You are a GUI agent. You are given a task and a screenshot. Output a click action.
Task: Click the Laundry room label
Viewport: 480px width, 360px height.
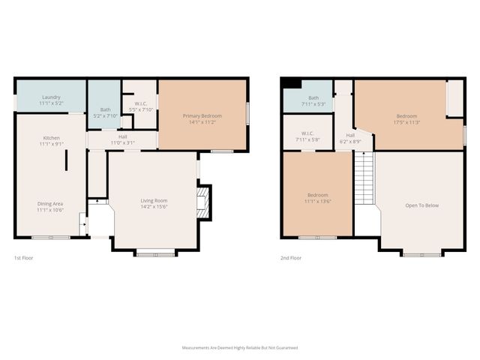(x=51, y=97)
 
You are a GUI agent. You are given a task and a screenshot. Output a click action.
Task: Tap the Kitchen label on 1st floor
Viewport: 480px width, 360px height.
(x=51, y=139)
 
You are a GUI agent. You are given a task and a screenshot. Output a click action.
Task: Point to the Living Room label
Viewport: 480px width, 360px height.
(x=154, y=200)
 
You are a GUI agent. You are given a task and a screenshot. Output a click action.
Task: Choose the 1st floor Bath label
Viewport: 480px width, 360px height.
(x=105, y=109)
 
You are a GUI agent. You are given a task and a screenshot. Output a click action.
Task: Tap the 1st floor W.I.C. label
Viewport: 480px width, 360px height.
(x=140, y=104)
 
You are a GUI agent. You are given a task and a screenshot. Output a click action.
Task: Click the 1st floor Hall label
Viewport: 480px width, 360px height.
(x=122, y=136)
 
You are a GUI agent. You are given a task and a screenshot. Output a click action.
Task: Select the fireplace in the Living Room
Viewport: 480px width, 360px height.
(x=202, y=201)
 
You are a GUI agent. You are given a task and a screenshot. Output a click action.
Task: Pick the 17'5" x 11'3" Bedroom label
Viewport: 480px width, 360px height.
(x=406, y=116)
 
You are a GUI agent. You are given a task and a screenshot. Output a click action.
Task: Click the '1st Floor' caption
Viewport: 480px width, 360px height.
(x=23, y=257)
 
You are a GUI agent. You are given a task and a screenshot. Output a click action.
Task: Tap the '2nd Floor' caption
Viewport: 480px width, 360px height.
(x=290, y=257)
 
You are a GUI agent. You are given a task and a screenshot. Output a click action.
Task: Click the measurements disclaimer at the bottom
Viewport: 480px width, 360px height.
(x=240, y=348)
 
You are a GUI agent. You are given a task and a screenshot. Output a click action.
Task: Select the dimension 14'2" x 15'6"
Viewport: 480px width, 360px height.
(x=154, y=205)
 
